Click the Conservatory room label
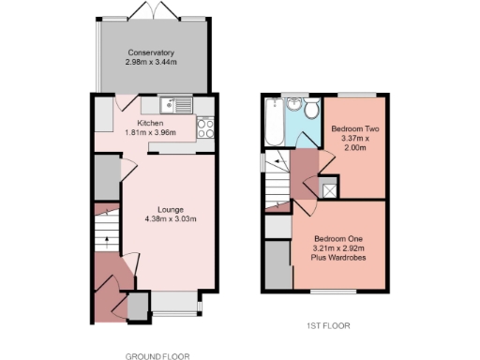[152, 52]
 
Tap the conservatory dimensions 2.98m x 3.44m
[152, 62]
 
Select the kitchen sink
[171, 105]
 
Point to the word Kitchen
[150, 123]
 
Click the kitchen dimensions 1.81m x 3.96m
[150, 132]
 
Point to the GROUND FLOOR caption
[157, 356]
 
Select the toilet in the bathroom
[311, 109]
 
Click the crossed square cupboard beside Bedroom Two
[329, 189]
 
